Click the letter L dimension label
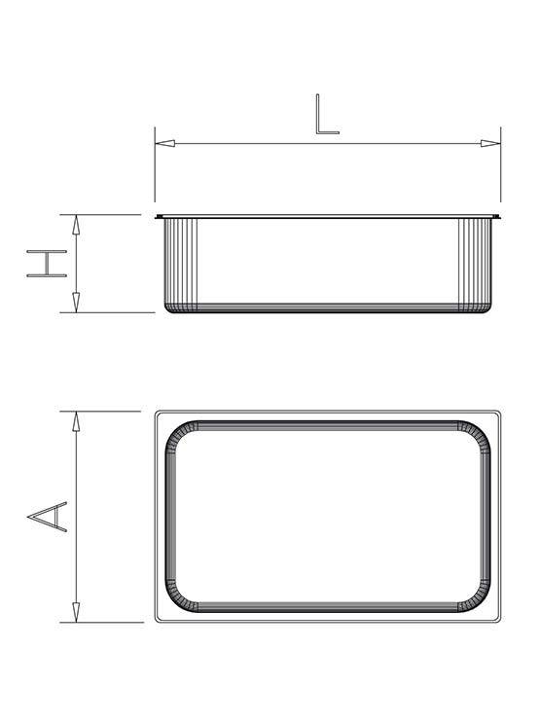327,114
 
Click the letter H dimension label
47,264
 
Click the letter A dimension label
48,517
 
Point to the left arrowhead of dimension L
164,143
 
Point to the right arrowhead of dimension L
490,143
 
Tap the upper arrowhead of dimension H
76,225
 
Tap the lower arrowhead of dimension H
76,302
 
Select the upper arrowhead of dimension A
76,421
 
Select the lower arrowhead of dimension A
76,612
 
